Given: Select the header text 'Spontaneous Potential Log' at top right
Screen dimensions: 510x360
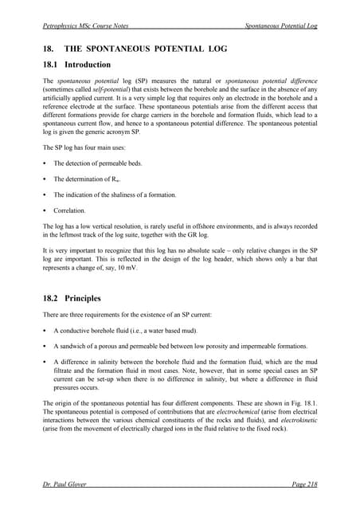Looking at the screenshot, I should [x=281, y=26].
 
